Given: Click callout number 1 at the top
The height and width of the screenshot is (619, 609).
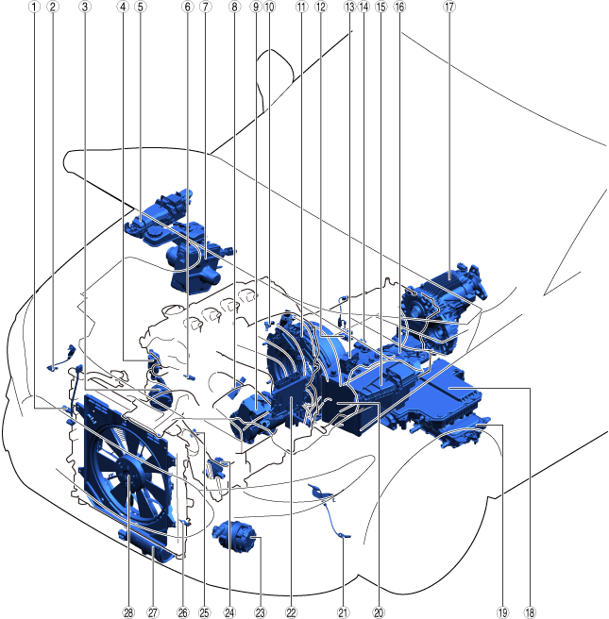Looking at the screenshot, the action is tap(34, 7).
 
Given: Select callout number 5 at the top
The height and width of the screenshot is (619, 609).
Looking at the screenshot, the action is tap(140, 7).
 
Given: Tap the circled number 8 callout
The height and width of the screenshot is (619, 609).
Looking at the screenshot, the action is tap(234, 7).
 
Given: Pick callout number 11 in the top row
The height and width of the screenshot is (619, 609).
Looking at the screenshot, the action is tap(301, 7).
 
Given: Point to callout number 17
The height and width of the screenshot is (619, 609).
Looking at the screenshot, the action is tap(449, 7).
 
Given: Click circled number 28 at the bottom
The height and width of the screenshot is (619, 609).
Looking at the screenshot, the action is tap(128, 612).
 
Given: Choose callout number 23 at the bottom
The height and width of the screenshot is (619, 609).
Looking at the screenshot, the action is tap(260, 612).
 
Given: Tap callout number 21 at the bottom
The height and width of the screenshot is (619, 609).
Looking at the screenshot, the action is tap(343, 612).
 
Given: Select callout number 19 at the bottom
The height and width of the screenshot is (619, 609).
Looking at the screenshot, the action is tap(502, 612).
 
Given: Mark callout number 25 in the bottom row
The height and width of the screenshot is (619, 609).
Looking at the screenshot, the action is tap(204, 612).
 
